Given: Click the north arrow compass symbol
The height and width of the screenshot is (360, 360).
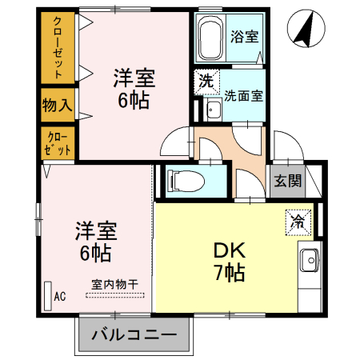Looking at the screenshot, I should click(302, 28).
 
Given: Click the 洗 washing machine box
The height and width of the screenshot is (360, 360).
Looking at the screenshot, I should click(206, 81).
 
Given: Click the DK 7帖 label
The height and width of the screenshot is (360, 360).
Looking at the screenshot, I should click(229, 260).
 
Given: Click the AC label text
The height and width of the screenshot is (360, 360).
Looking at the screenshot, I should click(59, 296).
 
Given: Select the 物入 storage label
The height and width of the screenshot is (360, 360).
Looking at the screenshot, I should click(57, 104).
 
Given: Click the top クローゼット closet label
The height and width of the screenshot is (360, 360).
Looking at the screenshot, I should click(58, 46).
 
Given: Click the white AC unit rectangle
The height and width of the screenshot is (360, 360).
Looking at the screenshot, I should click(47, 294).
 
